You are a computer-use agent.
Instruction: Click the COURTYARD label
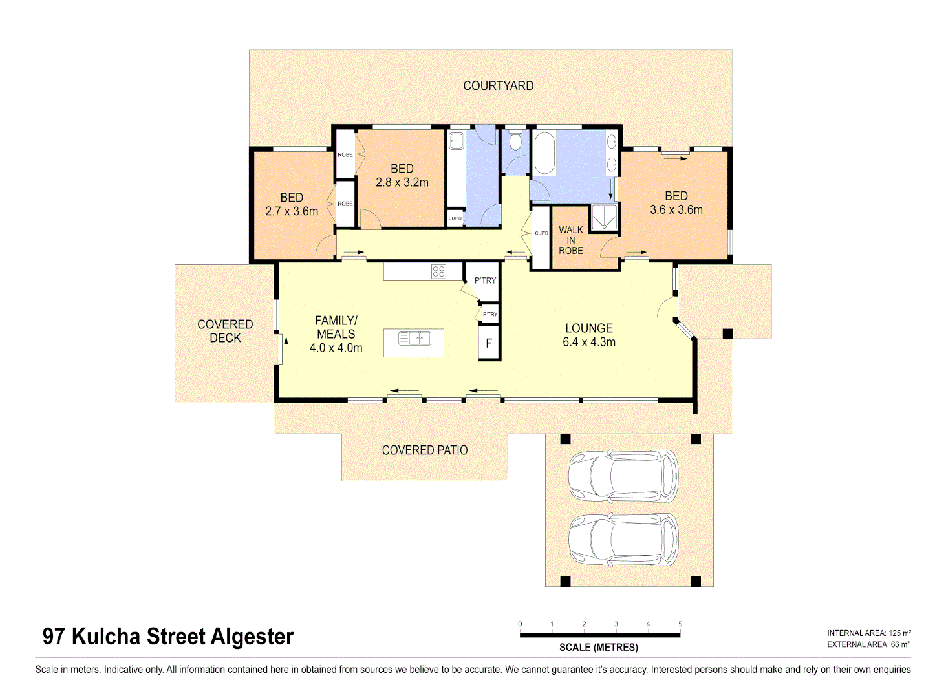498,85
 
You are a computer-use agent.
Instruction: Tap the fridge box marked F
489,343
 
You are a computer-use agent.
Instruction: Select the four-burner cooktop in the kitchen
438,271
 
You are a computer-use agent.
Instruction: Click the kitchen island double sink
414,338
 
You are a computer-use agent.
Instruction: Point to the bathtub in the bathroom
544,153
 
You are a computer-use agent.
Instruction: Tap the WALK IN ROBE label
571,240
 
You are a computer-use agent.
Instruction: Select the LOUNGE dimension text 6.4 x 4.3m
588,343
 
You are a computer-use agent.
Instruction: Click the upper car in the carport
623,477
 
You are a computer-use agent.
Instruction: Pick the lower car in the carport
623,540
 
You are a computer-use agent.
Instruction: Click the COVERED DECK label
225,331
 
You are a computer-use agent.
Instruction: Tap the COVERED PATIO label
425,450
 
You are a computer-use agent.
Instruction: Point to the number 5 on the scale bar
680,624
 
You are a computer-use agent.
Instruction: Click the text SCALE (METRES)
599,647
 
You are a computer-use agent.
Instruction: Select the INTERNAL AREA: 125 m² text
869,633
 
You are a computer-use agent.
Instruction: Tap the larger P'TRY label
485,280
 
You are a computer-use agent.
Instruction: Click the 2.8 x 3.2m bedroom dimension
402,183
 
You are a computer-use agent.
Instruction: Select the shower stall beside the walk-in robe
605,217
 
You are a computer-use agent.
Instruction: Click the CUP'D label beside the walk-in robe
541,233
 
